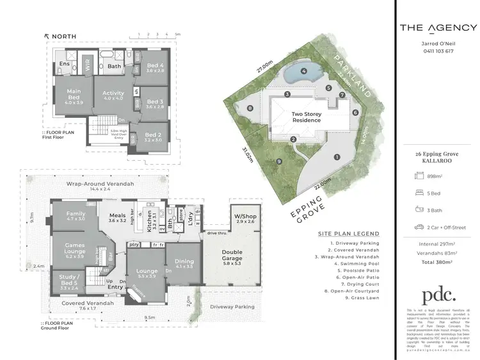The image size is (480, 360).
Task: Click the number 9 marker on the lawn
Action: point(280,161)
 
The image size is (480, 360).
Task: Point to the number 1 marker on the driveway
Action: point(336,156)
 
